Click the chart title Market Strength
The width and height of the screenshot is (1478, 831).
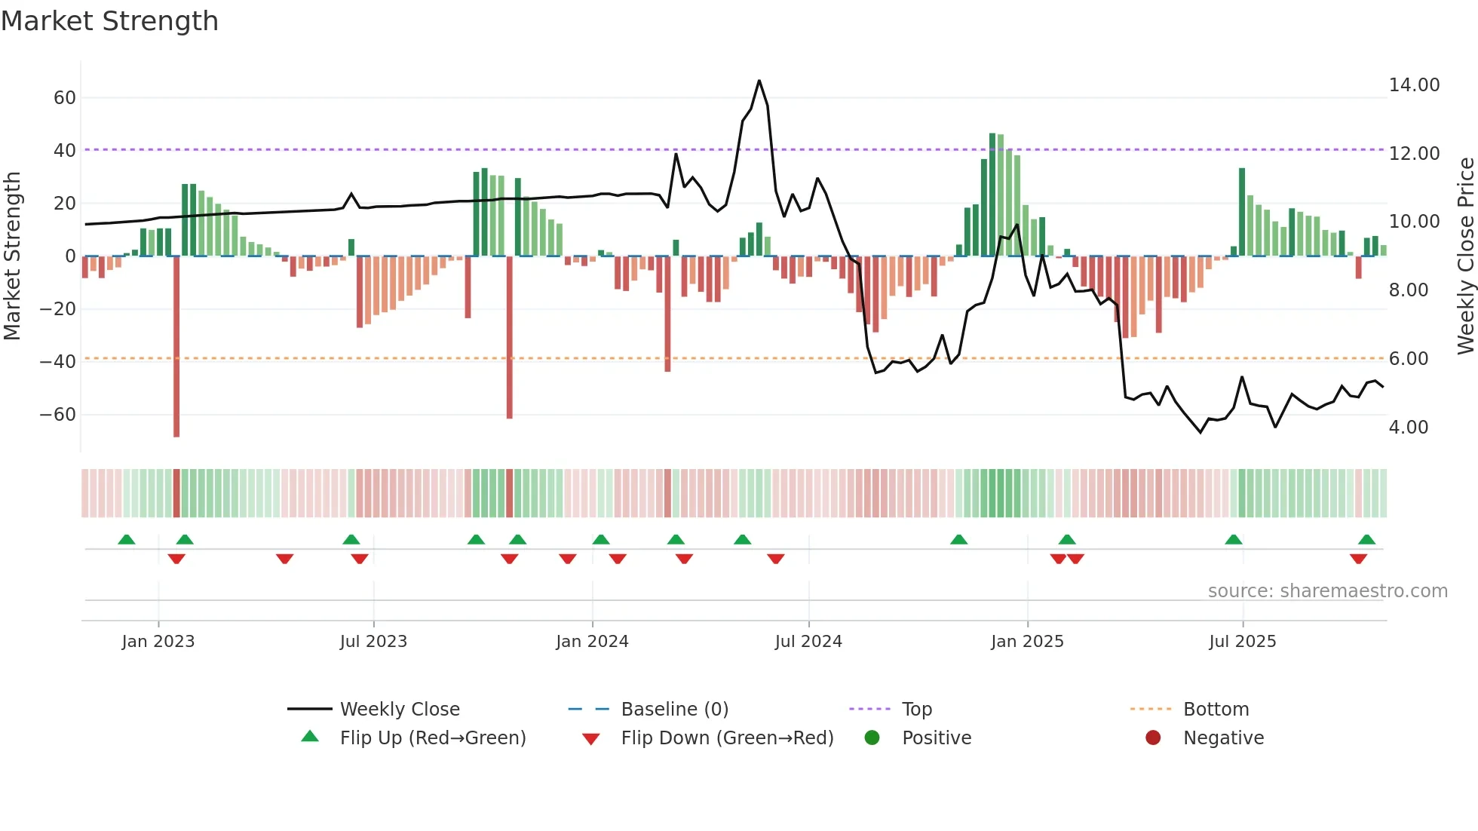pyautogui.click(x=109, y=21)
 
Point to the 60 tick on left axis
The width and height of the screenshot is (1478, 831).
pyautogui.click(x=65, y=98)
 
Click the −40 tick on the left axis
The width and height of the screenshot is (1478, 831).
pyautogui.click(x=58, y=362)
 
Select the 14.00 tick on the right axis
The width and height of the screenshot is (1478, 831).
pyautogui.click(x=1414, y=85)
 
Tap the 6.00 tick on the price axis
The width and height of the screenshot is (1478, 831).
pyautogui.click(x=1408, y=359)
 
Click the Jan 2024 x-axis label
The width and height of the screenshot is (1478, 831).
pyautogui.click(x=592, y=642)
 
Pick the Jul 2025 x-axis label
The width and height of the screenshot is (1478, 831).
pyautogui.click(x=1242, y=642)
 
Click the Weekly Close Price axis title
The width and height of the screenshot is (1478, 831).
pyautogui.click(x=1465, y=256)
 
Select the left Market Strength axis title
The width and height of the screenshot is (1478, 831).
pyautogui.click(x=12, y=256)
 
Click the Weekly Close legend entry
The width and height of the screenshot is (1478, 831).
pyautogui.click(x=399, y=710)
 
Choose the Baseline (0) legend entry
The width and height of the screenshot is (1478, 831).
pyautogui.click(x=674, y=710)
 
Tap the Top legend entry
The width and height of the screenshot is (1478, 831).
pyautogui.click(x=916, y=710)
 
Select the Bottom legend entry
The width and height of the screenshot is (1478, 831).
pyautogui.click(x=1216, y=710)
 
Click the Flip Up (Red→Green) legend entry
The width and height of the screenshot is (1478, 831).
pyautogui.click(x=432, y=738)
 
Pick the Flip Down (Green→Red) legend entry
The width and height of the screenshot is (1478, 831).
pyautogui.click(x=727, y=738)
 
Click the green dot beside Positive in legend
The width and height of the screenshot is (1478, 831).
pyautogui.click(x=872, y=738)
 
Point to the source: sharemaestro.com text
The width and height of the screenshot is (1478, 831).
pyautogui.click(x=1327, y=591)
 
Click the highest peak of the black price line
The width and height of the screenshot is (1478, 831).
pyautogui.click(x=759, y=81)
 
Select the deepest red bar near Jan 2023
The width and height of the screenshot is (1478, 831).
pyautogui.click(x=176, y=347)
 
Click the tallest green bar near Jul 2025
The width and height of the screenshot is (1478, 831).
pyautogui.click(x=1241, y=212)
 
